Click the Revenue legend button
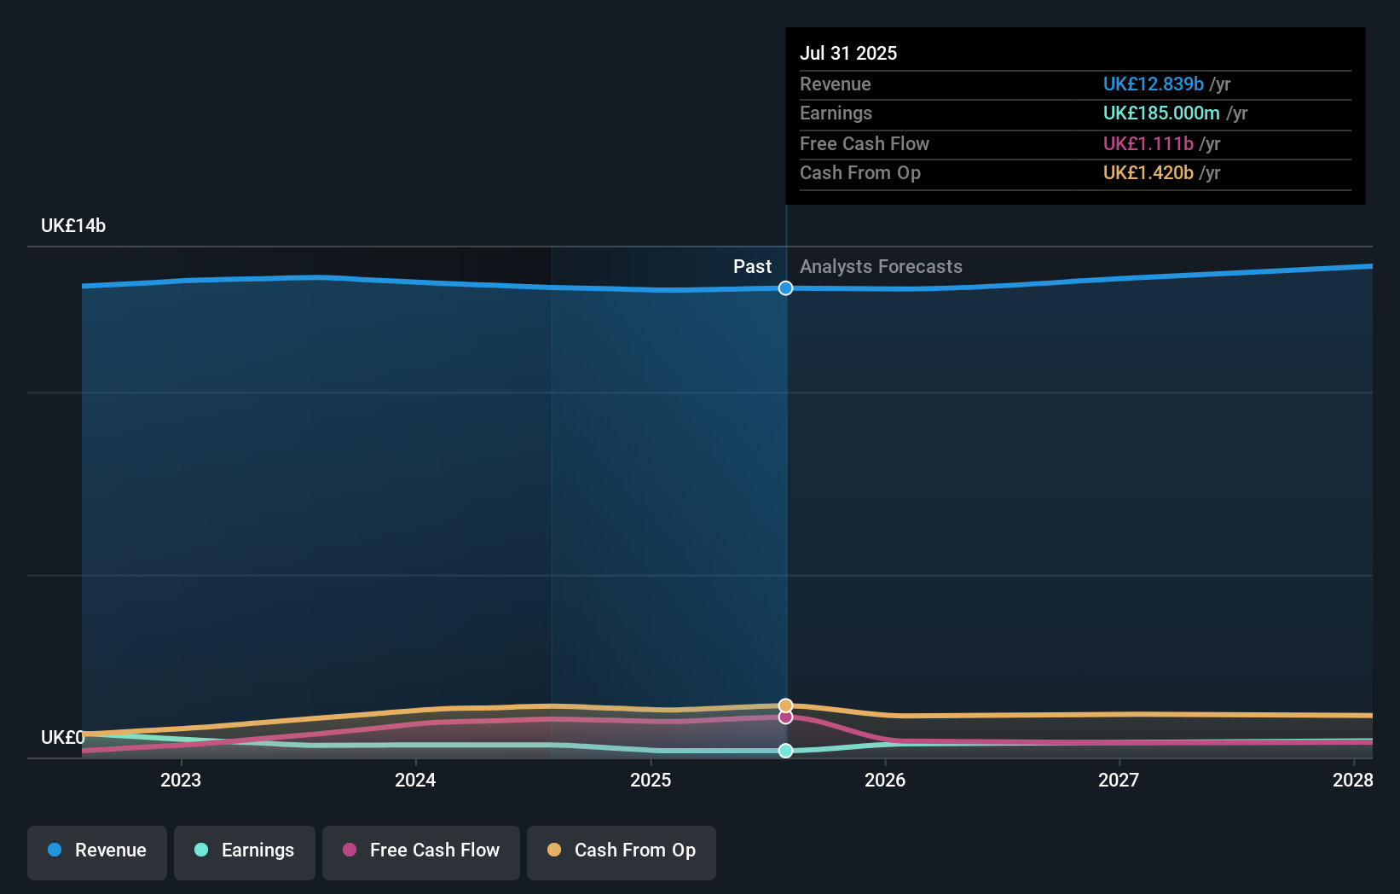click(x=97, y=851)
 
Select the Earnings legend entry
click(x=245, y=851)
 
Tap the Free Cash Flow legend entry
click(x=421, y=851)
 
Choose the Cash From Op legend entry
click(x=622, y=851)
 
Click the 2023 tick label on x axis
click(x=181, y=780)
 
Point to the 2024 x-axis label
click(x=415, y=780)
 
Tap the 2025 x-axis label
click(x=651, y=780)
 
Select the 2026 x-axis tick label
click(x=885, y=780)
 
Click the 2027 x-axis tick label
click(x=1119, y=780)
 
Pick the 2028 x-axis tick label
click(x=1352, y=780)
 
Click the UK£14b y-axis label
click(x=73, y=226)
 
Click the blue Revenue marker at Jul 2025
click(x=785, y=288)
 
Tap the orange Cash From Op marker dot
click(x=785, y=705)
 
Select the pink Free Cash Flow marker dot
click(x=785, y=717)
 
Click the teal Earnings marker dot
click(x=785, y=751)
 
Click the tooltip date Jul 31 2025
click(x=848, y=53)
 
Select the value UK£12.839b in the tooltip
click(x=1153, y=84)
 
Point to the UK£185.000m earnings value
click(x=1160, y=113)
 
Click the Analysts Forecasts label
click(x=881, y=267)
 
